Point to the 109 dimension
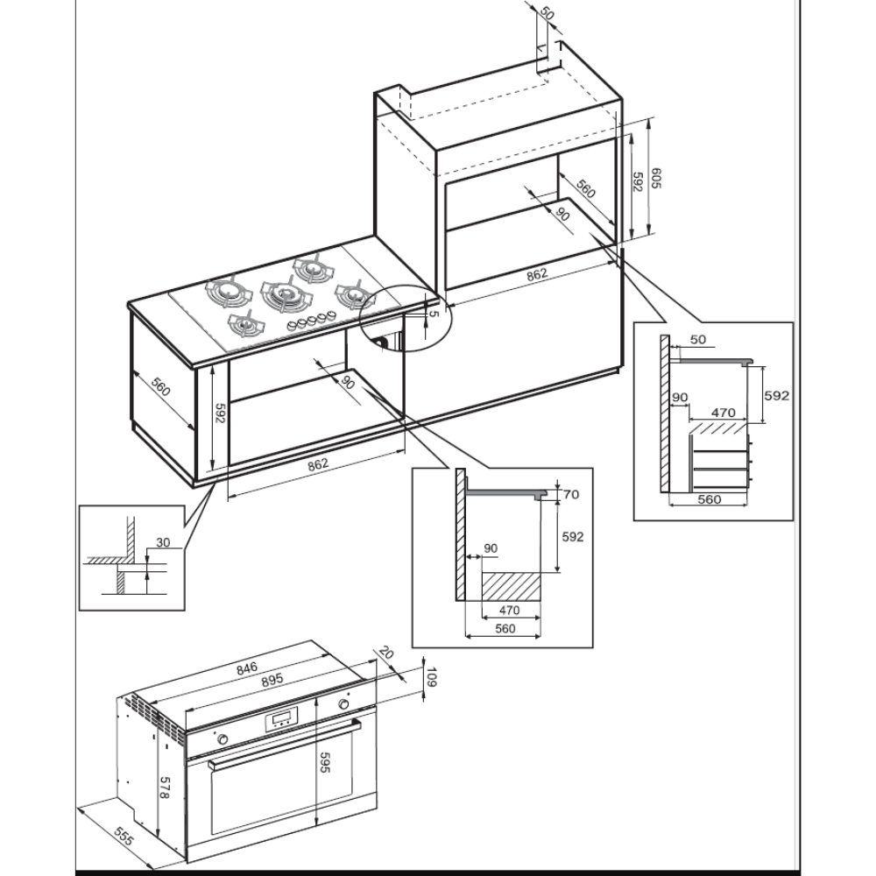coord(429,677)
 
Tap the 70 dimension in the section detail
coord(570,494)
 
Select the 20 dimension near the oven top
coord(386,653)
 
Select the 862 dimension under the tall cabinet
coord(536,274)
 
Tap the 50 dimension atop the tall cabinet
coord(547,14)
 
